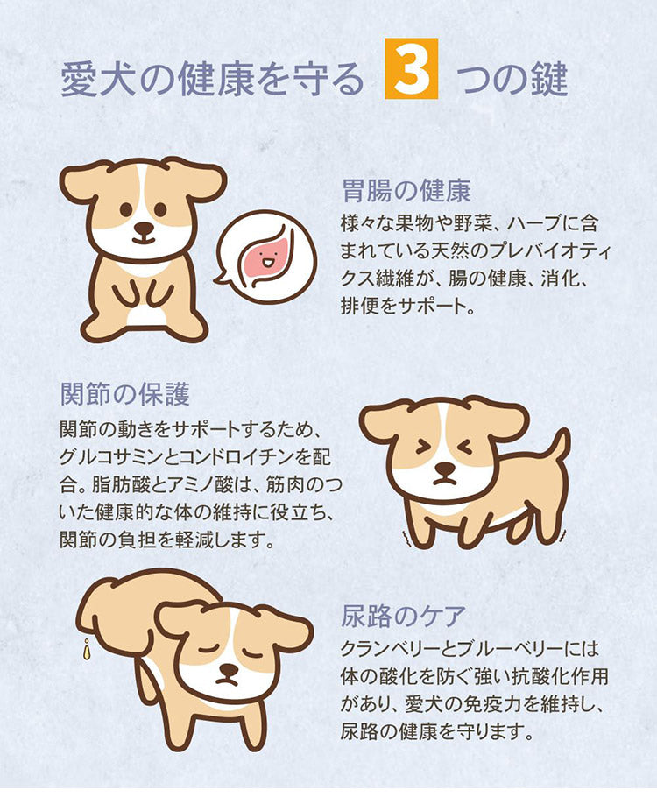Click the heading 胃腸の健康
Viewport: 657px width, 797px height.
pos(406,191)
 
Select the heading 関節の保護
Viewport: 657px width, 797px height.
pos(125,394)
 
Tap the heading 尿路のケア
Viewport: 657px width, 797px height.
pos(403,617)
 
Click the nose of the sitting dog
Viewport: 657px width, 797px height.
pos(145,228)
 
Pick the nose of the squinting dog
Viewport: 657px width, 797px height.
pos(446,467)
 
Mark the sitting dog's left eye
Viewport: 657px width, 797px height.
pos(125,208)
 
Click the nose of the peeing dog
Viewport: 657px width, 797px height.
pos(227,672)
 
